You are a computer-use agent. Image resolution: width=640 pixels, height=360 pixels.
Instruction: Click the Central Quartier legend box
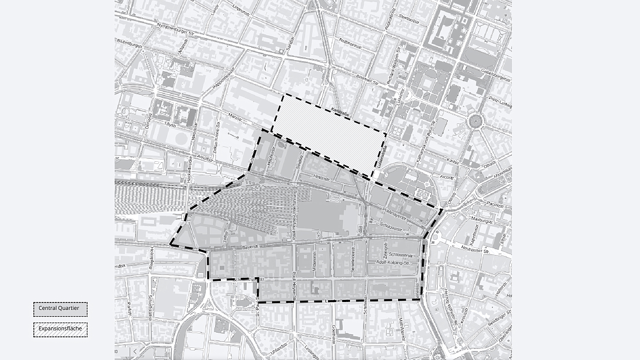coord(60,309)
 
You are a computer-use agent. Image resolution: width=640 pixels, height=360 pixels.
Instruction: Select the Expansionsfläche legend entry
coord(60,329)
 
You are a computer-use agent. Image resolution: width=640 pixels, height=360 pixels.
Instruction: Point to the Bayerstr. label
coord(251,246)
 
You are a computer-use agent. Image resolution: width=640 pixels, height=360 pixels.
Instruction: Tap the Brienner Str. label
coord(367,81)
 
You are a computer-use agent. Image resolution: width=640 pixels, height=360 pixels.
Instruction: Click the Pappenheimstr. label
coord(224,79)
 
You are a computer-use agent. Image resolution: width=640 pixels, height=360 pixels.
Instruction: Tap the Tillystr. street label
coord(170,125)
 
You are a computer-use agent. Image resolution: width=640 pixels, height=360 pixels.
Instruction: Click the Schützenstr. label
coord(391,227)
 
